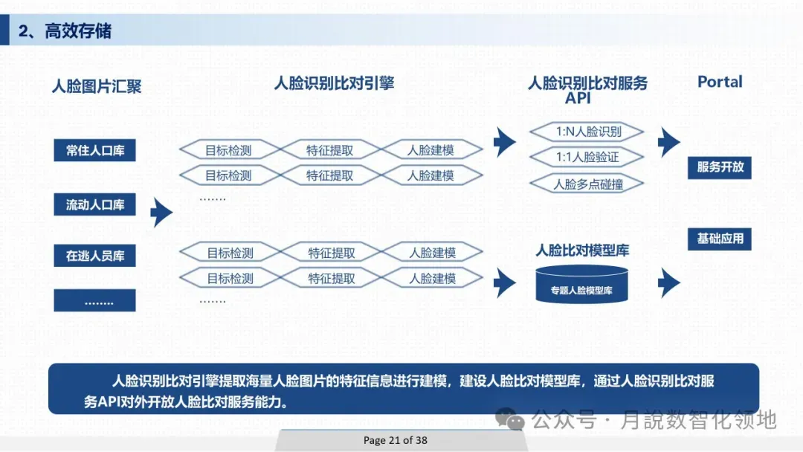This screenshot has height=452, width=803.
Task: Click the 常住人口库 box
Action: pyautogui.click(x=95, y=150)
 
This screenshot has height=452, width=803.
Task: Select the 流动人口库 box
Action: pyautogui.click(x=95, y=204)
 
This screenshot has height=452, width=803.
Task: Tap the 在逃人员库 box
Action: pyautogui.click(x=95, y=256)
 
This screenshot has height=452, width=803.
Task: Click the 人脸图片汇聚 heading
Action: pyautogui.click(x=97, y=86)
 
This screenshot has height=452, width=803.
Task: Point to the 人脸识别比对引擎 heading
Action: pyautogui.click(x=334, y=83)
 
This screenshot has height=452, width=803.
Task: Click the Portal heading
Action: pyautogui.click(x=720, y=83)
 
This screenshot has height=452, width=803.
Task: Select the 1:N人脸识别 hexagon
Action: pyautogui.click(x=587, y=132)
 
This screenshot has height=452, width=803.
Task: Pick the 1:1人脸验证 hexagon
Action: pyautogui.click(x=587, y=158)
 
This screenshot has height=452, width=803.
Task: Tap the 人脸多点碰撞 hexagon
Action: pyautogui.click(x=587, y=184)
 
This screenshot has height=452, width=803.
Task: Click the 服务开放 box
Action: pyautogui.click(x=720, y=167)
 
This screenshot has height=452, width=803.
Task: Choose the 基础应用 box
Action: pyautogui.click(x=720, y=239)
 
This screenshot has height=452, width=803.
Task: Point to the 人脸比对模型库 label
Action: pyautogui.click(x=582, y=251)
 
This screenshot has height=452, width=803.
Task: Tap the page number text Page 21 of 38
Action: pyautogui.click(x=396, y=440)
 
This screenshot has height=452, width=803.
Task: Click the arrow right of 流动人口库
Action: pyautogui.click(x=161, y=213)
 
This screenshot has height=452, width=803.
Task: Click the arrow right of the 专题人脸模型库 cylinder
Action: pyautogui.click(x=669, y=282)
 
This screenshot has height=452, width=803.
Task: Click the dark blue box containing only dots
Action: pyautogui.click(x=95, y=301)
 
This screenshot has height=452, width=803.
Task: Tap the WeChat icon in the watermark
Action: pyautogui.click(x=512, y=420)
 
